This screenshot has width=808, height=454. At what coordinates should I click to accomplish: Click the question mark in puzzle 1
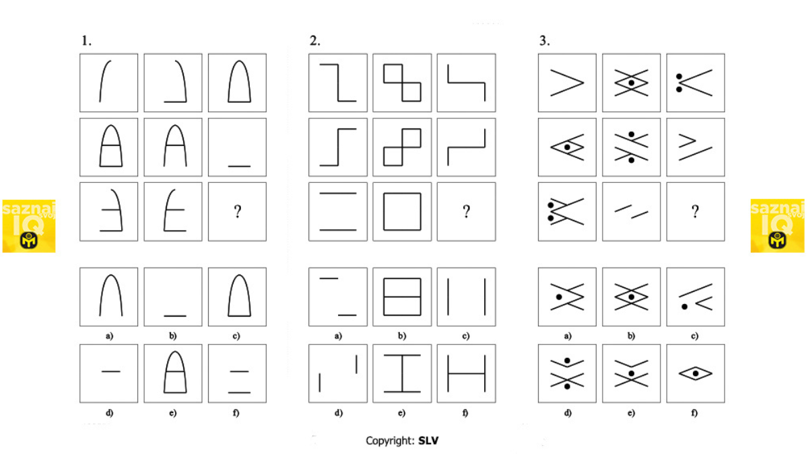[237, 211]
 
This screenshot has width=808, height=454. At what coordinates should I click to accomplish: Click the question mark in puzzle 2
[467, 211]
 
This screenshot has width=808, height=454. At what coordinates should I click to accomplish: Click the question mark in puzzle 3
[696, 211]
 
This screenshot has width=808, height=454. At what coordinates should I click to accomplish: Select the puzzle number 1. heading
[87, 41]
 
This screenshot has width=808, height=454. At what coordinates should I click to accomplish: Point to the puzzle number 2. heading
[315, 41]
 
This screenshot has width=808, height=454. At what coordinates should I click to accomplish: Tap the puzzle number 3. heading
[545, 41]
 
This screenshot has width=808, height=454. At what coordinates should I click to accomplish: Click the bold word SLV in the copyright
[428, 441]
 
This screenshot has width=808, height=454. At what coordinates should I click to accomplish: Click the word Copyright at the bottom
[390, 441]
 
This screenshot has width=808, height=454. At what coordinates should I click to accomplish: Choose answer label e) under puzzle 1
[173, 412]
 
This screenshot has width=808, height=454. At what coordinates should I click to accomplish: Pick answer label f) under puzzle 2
[465, 412]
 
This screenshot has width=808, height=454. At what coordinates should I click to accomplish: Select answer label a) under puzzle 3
[568, 336]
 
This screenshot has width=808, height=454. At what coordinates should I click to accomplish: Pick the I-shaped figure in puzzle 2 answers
[402, 374]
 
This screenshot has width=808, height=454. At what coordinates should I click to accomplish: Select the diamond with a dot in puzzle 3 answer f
[696, 374]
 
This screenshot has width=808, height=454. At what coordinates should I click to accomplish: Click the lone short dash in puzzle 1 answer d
[111, 371]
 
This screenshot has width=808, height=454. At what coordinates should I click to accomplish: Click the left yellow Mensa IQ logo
[29, 226]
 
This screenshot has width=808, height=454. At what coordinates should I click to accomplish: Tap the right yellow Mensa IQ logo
[778, 226]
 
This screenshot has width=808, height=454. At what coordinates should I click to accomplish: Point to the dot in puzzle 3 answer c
[684, 307]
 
